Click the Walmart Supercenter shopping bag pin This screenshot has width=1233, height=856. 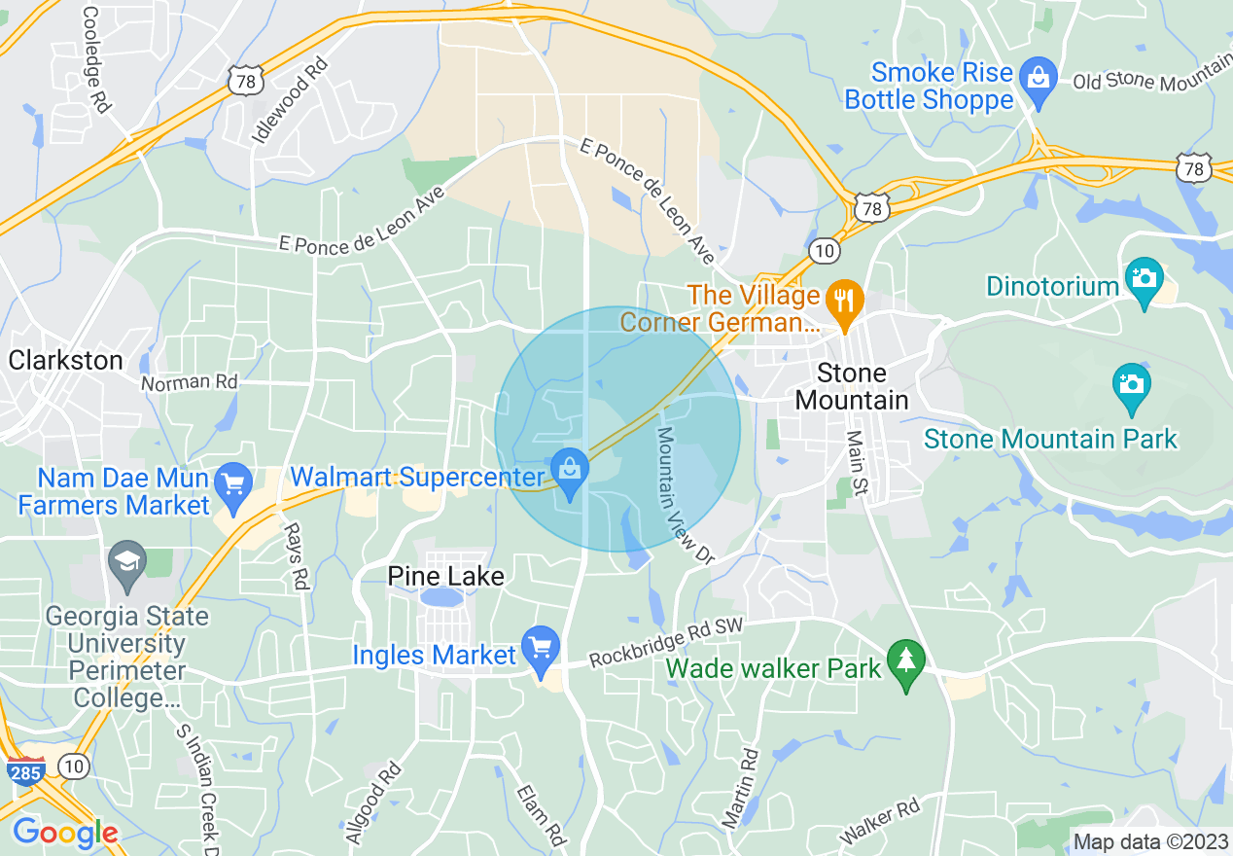coord(570,469)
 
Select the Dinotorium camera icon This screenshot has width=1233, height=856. coord(1144,279)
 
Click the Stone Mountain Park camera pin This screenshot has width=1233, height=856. coord(1132,384)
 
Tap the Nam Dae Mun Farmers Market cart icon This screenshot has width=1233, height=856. coord(233,482)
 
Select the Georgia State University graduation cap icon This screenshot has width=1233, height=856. coord(127,562)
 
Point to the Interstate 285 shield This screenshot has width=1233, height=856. coord(26,771)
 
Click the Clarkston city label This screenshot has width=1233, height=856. coord(66,361)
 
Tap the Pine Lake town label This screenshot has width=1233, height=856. coord(445,577)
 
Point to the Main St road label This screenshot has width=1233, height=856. coord(857,463)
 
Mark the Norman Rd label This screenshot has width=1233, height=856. coord(189,382)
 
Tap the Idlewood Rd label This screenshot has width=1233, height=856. coord(289,99)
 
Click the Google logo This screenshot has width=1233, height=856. coord(65,833)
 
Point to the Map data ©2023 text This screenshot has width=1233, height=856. coord(1150,842)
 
